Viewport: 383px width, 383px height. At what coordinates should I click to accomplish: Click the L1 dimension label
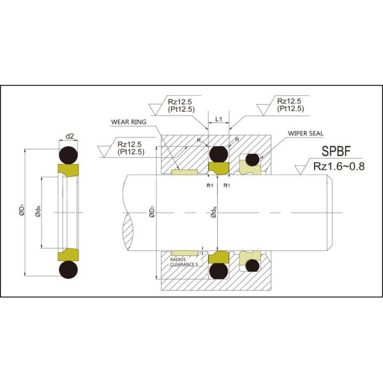click(x=218, y=119)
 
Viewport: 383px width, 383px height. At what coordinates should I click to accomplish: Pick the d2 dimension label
click(x=70, y=135)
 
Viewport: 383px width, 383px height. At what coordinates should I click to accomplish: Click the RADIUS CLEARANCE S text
click(x=185, y=262)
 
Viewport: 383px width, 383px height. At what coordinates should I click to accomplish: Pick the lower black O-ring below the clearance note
click(x=218, y=271)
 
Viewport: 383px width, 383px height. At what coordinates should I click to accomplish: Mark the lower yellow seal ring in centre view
click(x=218, y=257)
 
